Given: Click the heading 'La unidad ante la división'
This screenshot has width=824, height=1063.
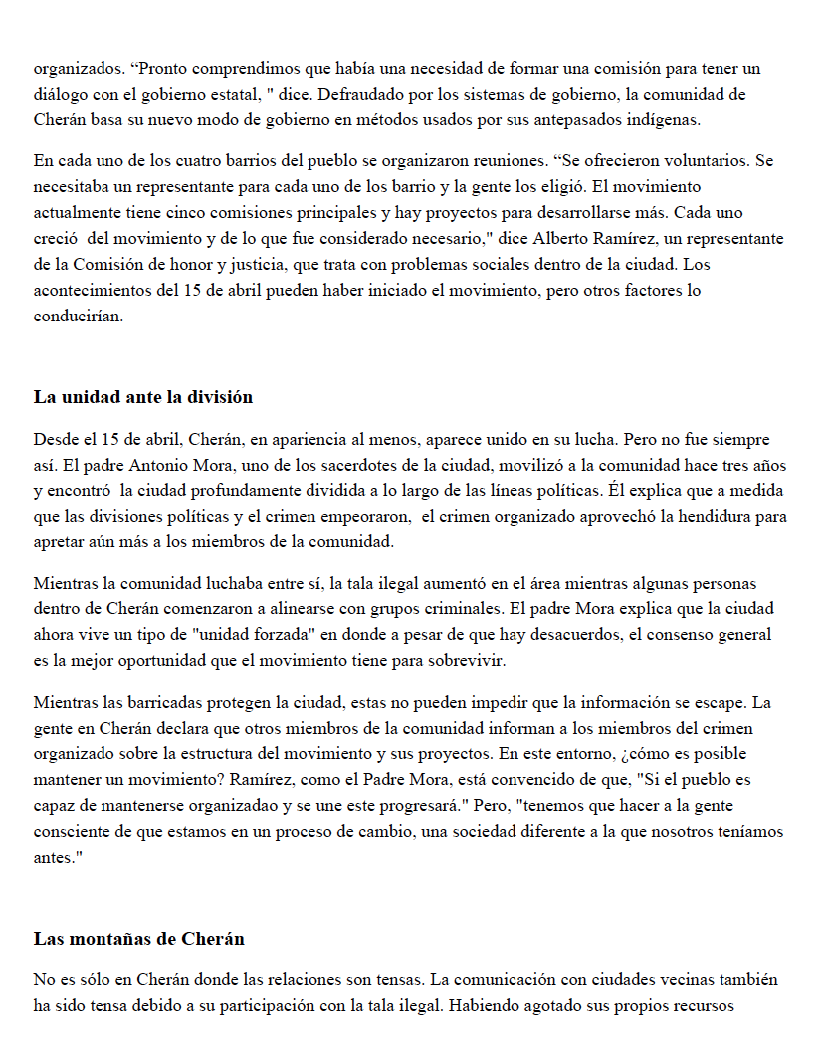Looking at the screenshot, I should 143,397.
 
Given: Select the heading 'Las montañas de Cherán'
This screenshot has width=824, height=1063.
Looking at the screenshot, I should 139,939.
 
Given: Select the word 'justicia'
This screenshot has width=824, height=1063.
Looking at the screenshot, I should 250,265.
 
